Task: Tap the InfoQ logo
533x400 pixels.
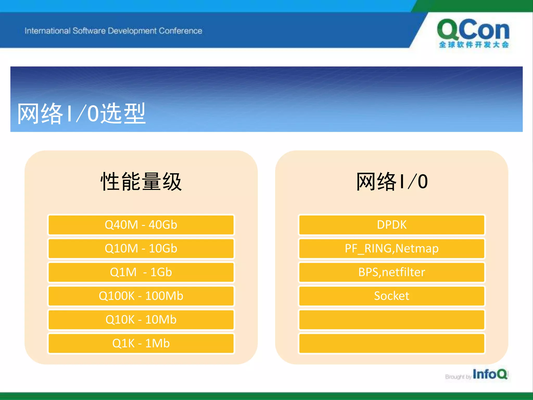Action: coord(490,374)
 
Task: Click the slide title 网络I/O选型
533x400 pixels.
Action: coord(81,114)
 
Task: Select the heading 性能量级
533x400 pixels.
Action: coord(141,182)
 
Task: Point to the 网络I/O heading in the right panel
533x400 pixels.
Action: coord(392,182)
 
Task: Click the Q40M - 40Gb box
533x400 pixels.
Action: coord(141,225)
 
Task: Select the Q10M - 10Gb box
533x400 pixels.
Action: coord(141,248)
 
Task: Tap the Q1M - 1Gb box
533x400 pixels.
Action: coord(141,272)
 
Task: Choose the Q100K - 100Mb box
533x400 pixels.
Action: coord(141,296)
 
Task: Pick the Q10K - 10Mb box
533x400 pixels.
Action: coord(141,320)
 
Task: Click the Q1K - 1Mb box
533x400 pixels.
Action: coord(141,343)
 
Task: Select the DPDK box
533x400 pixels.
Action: coord(392,225)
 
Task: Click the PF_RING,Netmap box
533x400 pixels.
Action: coord(392,248)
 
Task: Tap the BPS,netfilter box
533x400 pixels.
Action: coord(392,272)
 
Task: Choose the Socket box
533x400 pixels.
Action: coord(392,296)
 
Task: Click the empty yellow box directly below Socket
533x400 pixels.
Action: coord(392,320)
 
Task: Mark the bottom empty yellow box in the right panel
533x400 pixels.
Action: coord(392,343)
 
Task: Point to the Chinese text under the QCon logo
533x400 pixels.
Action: coord(474,45)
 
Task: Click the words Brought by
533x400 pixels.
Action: coord(458,377)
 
